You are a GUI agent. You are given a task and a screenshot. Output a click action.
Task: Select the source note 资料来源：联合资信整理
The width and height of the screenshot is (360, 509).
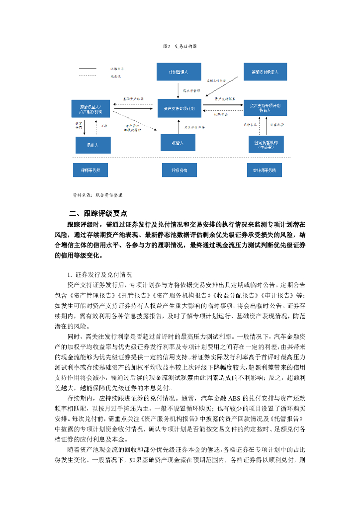pyautogui.click(x=97, y=195)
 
